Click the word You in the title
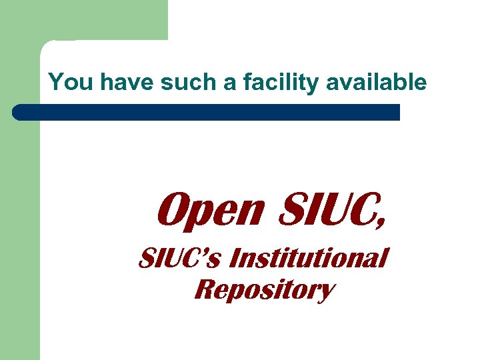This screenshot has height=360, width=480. (x=67, y=83)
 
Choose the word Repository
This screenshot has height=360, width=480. (x=263, y=290)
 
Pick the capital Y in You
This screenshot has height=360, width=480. (x=56, y=83)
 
